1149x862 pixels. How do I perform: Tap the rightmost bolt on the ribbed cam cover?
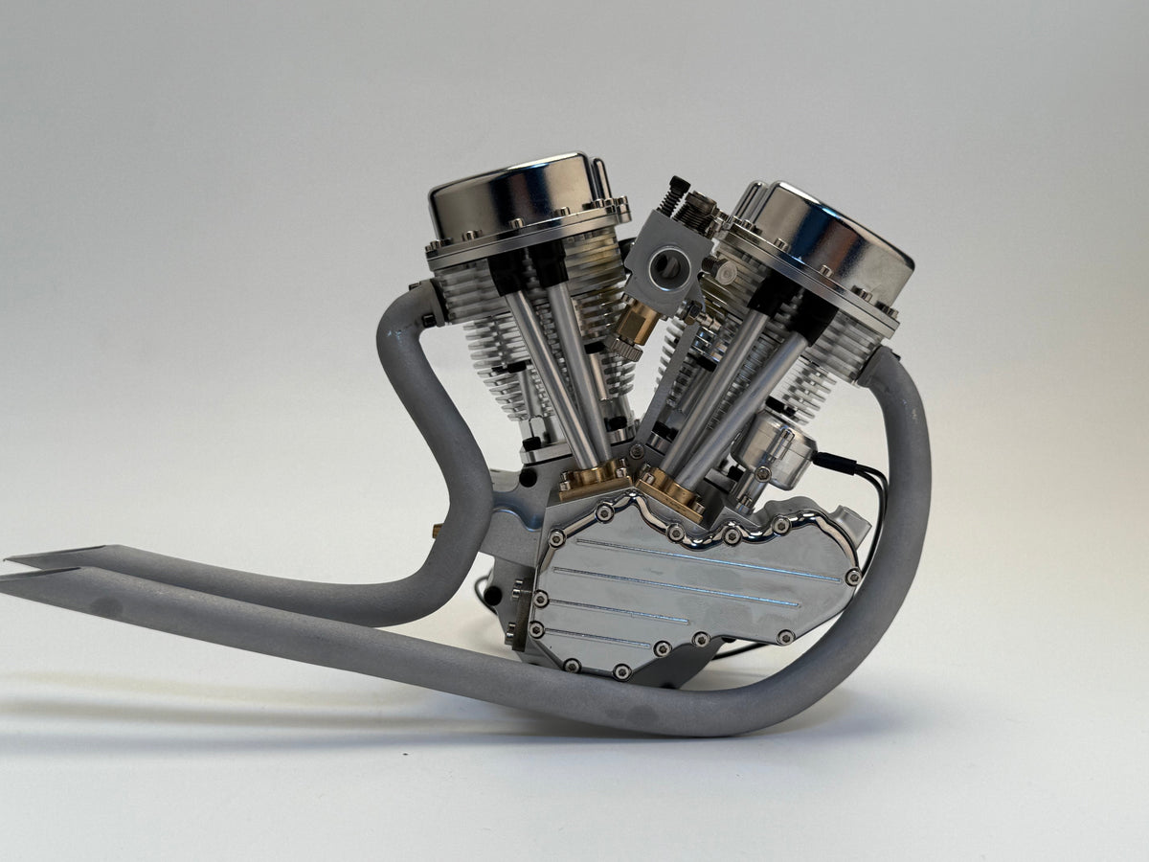coord(851,578)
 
